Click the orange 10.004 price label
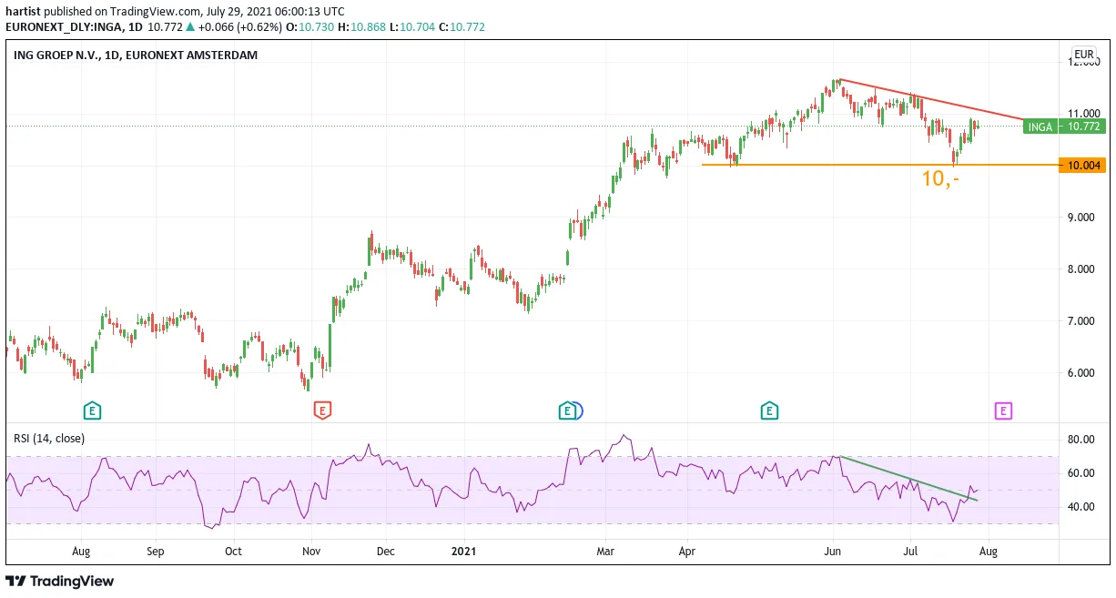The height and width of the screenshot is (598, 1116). pos(1082,166)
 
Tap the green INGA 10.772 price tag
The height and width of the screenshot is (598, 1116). pos(1064,127)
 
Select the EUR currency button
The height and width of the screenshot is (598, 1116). pos(1083,55)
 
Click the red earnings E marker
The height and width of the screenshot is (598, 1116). pos(322,410)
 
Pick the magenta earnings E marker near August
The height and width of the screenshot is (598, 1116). pos(1003,411)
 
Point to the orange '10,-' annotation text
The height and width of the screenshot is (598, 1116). pos(940,178)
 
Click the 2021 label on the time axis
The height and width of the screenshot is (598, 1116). pos(463,552)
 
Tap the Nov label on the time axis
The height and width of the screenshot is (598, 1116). pos(311,552)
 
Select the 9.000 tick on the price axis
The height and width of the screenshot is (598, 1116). pos(1080,218)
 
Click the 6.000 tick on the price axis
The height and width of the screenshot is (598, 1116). pos(1080,373)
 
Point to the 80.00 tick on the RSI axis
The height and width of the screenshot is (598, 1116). pos(1080,440)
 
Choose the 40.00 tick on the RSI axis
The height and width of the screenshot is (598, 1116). pos(1080,507)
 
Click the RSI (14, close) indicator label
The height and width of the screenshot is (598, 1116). pos(49,439)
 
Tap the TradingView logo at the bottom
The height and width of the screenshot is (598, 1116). pos(60,582)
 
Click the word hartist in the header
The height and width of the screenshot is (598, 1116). pos(23,11)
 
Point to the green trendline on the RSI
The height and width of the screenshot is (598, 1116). pos(908,479)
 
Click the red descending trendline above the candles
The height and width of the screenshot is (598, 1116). pos(930,100)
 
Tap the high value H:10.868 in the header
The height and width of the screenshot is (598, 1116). pos(361,27)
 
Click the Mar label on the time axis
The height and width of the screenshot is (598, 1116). pos(605,552)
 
